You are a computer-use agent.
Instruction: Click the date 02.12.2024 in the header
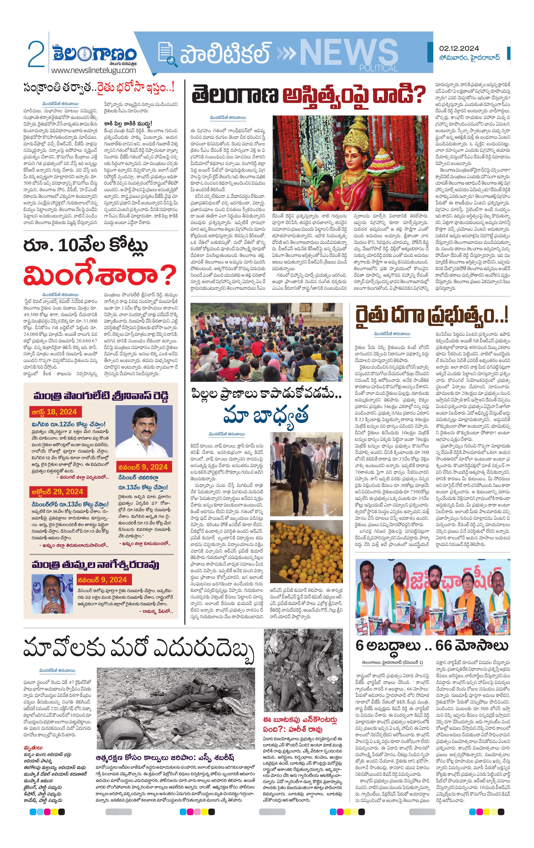click(459, 49)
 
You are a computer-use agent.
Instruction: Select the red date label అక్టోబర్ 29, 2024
click(57, 492)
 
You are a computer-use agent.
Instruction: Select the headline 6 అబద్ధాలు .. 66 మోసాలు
click(432, 645)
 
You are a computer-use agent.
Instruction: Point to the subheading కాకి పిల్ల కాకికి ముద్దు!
click(128, 123)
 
